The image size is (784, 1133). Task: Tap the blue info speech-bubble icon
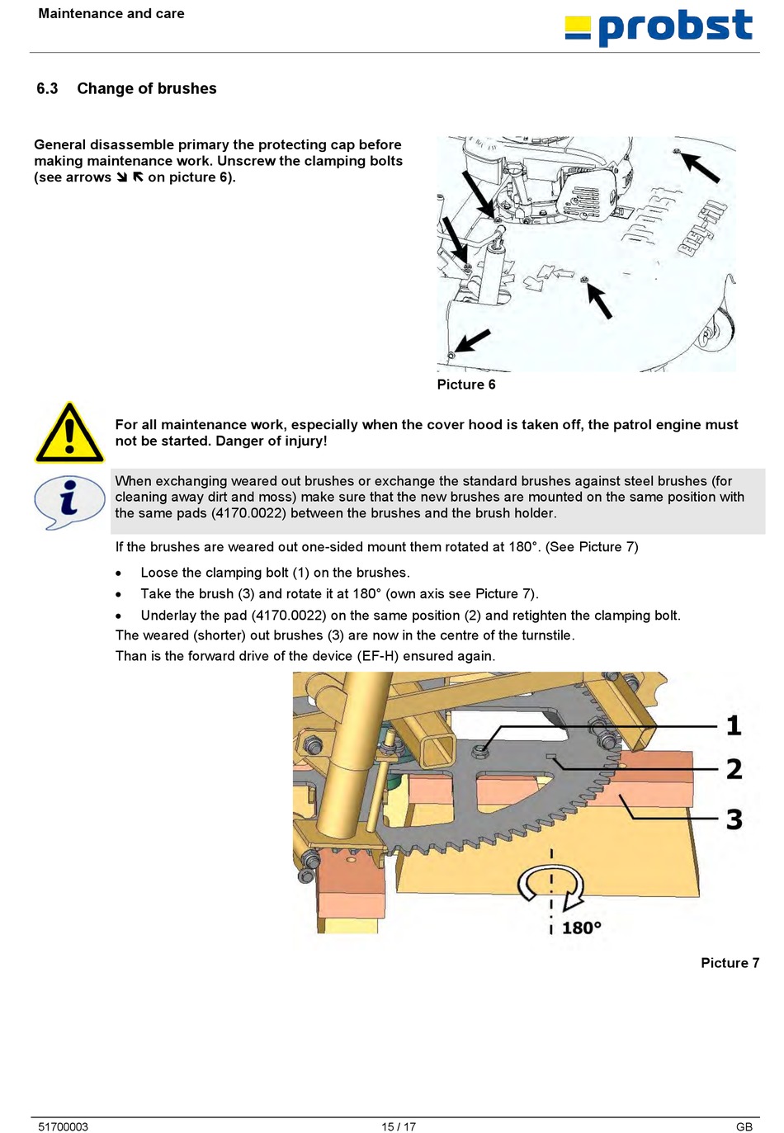point(68,502)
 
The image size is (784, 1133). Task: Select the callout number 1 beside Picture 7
point(733,726)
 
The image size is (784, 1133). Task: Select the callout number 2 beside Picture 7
point(734,769)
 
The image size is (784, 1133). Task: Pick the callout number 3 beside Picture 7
point(734,819)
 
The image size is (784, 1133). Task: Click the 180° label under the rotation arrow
point(582,928)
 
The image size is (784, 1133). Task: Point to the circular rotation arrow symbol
point(550,885)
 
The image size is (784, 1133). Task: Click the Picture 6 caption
point(466,385)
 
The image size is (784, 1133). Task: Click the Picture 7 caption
point(730,963)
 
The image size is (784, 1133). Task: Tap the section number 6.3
point(47,88)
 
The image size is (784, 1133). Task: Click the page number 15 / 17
point(399,1126)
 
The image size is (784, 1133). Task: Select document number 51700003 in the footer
point(63,1126)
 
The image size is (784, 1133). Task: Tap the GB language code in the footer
point(744,1126)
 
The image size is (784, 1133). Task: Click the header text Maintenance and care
point(111,13)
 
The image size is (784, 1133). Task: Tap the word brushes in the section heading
point(187,88)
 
